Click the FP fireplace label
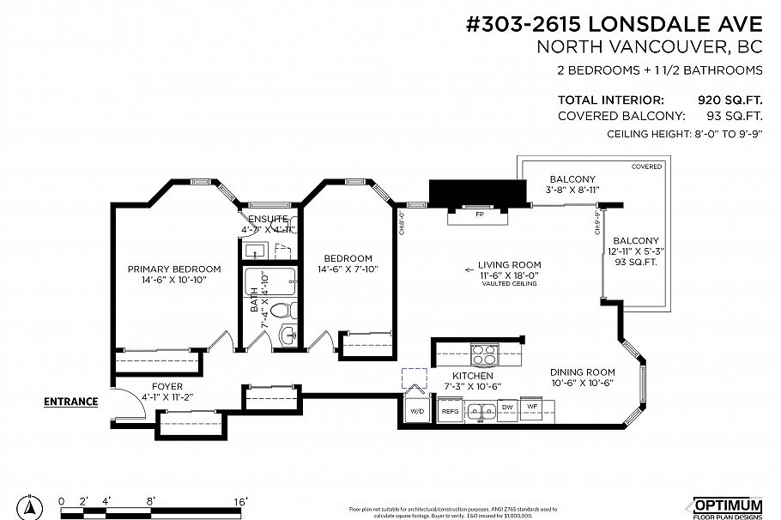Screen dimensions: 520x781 click(x=479, y=215)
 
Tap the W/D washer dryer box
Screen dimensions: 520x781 click(x=417, y=411)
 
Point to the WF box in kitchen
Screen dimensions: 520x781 click(x=532, y=407)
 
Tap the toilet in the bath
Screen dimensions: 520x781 click(x=289, y=308)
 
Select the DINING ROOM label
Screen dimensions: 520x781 click(x=581, y=372)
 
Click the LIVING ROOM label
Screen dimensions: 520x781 click(x=509, y=264)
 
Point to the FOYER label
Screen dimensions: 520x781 click(x=166, y=386)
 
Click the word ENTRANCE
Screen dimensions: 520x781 click(x=70, y=401)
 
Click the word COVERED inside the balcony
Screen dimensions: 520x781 click(x=646, y=166)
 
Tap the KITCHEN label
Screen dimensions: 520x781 click(x=472, y=376)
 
